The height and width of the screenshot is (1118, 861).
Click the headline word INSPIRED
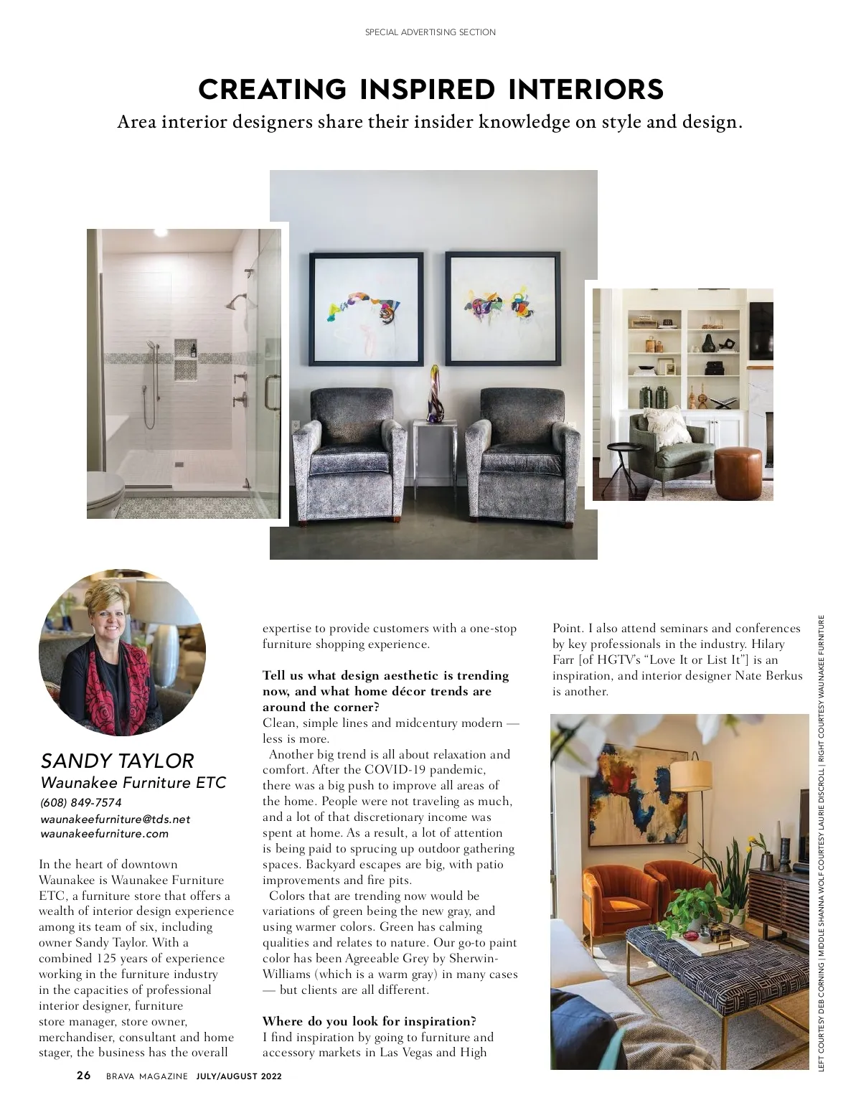(426, 90)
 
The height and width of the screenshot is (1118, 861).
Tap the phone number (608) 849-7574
(81, 802)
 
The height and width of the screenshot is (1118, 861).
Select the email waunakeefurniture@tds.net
(116, 819)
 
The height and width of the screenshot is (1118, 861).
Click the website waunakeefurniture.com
(105, 834)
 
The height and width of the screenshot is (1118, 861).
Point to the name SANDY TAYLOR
(117, 761)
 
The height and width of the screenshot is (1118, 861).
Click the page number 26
(84, 1076)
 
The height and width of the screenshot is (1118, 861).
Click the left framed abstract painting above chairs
(366, 309)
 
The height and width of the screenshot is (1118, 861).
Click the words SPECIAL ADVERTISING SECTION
(430, 32)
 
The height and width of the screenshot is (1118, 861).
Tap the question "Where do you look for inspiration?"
(369, 1021)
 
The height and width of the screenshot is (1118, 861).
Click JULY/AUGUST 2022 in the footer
(239, 1076)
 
